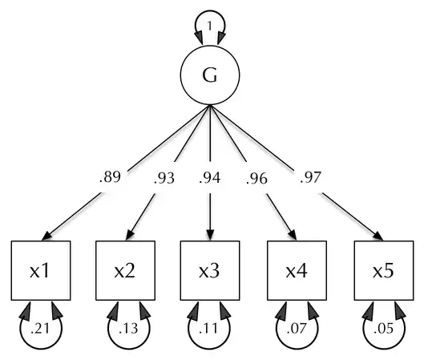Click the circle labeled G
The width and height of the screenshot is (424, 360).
210,75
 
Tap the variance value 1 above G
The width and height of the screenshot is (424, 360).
210,26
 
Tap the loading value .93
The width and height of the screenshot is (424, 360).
164,178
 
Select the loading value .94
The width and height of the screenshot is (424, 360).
210,178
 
